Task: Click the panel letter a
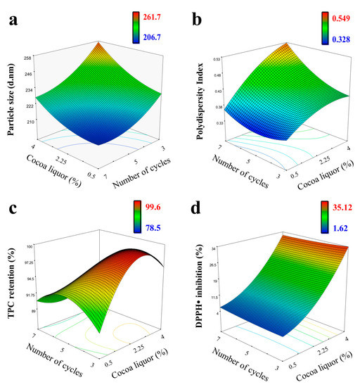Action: coord(13,20)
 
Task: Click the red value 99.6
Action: coord(155,204)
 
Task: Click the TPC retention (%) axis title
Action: coord(10,290)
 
